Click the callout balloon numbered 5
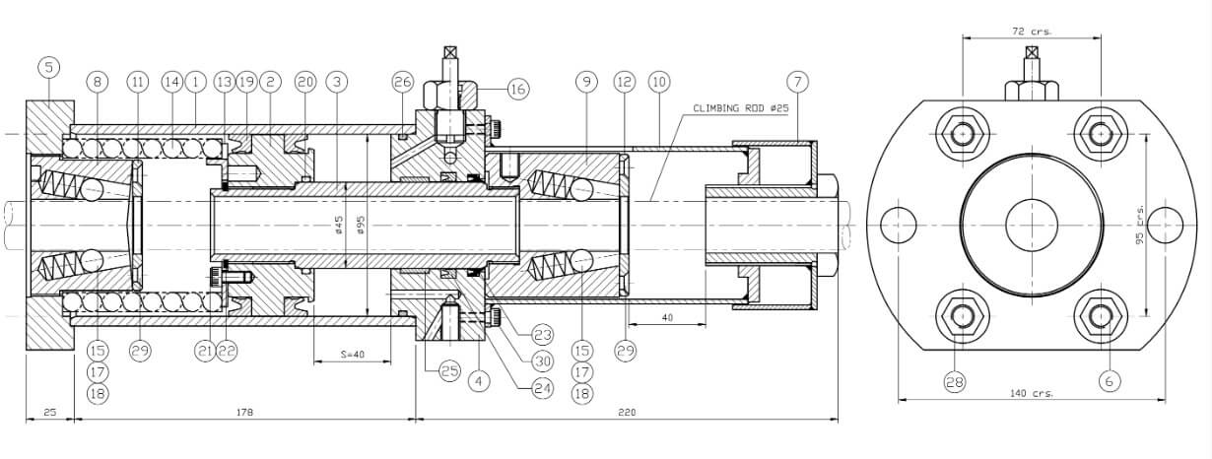pos(48,67)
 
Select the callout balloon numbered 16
pos(518,89)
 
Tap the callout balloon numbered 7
pos(797,81)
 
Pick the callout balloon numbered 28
pos(954,380)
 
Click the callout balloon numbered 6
pos(1109,380)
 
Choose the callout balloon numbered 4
pos(480,380)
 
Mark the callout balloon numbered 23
pos(542,333)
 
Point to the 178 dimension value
pos(242,413)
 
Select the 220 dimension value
pos(627,413)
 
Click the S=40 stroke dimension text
pos(351,355)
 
